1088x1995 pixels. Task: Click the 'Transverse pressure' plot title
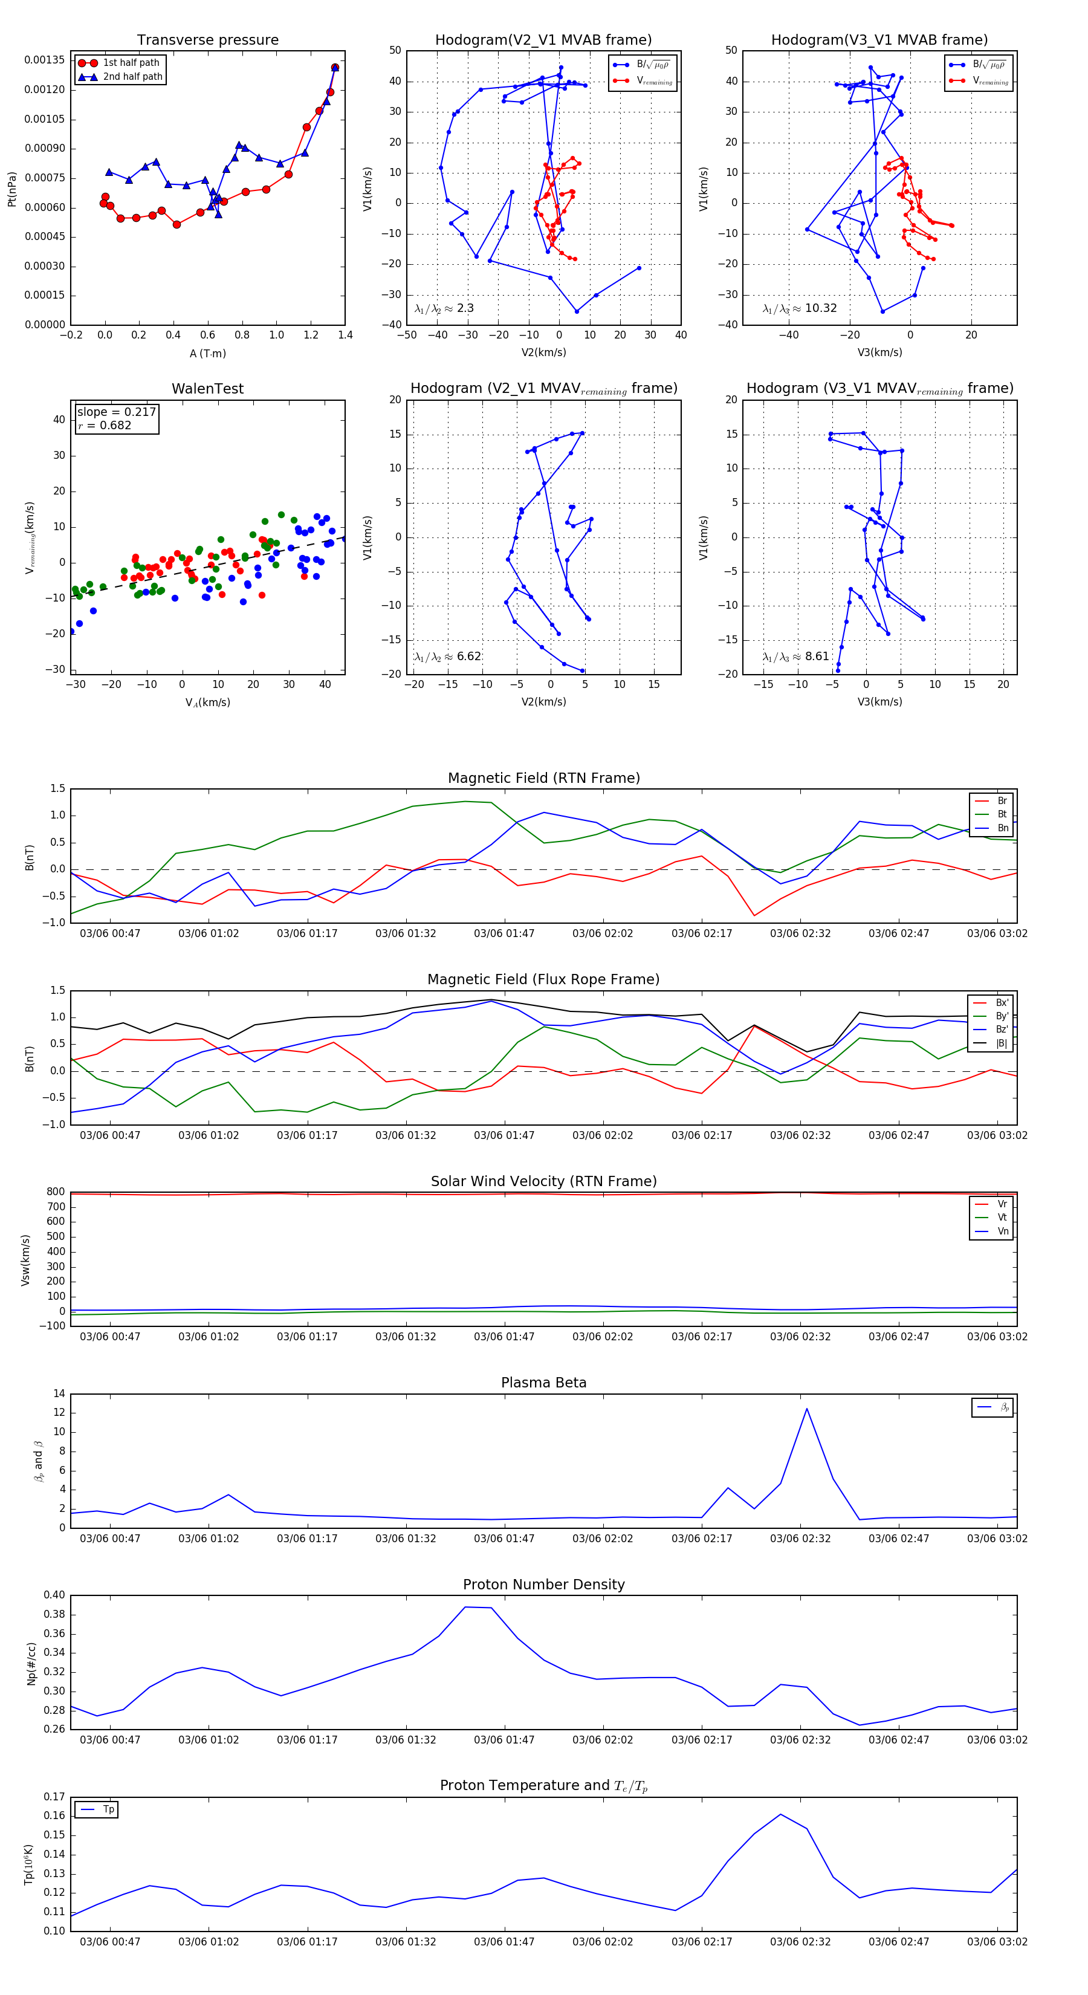point(207,41)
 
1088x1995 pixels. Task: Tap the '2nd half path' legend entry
point(132,77)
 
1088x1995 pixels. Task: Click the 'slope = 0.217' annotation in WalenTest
point(116,412)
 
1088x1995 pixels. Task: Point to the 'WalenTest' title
point(207,389)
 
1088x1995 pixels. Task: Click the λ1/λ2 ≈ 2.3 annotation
point(444,308)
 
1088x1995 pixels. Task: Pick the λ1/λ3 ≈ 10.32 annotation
point(799,308)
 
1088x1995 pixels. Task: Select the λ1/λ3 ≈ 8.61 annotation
point(795,657)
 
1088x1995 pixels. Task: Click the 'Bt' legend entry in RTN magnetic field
point(1002,814)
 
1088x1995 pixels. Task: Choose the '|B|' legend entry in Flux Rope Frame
point(1002,1043)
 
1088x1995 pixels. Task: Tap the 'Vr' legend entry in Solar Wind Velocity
point(1002,1204)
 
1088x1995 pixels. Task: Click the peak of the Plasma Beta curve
point(806,1409)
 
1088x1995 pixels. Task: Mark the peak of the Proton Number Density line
point(465,1607)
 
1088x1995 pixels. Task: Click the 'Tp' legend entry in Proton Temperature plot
point(108,1810)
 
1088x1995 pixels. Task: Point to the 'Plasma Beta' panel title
point(543,1383)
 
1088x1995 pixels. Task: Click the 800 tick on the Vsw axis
point(55,1192)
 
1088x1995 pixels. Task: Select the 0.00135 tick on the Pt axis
point(44,60)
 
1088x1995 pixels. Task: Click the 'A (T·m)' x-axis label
point(207,354)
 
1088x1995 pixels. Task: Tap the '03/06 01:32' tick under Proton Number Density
point(405,1740)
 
